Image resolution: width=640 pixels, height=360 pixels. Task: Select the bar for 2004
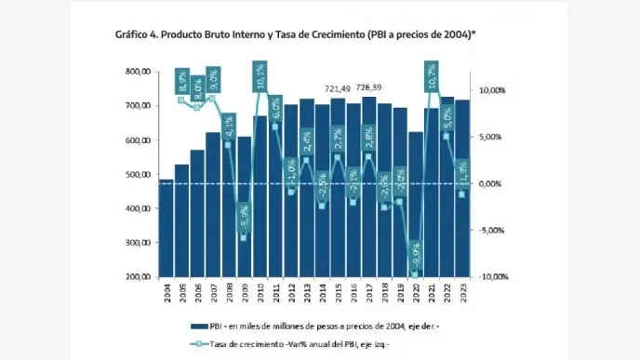pyautogui.click(x=167, y=229)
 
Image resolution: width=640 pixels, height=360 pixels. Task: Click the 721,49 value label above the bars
pyautogui.click(x=339, y=88)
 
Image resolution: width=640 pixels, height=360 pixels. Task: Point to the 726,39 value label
pyautogui.click(x=369, y=88)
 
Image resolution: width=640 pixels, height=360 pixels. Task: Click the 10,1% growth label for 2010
pyautogui.click(x=260, y=77)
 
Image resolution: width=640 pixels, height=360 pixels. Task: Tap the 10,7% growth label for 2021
pyautogui.click(x=433, y=77)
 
